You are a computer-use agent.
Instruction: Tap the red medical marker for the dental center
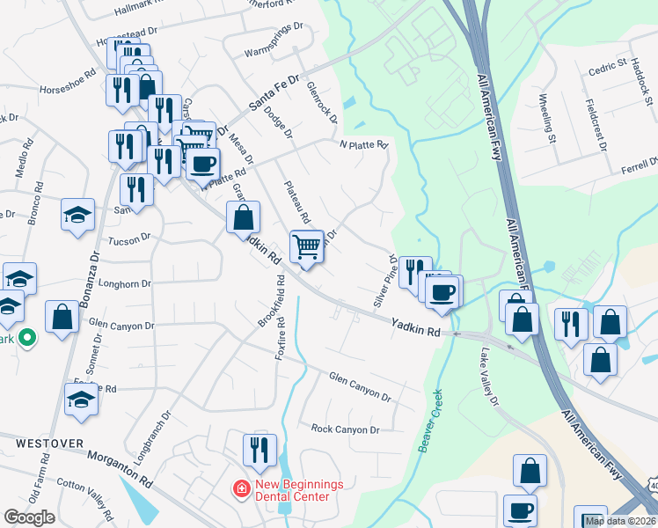239,488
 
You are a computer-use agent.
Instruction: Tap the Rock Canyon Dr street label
345,429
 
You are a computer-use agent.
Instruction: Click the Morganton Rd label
120,470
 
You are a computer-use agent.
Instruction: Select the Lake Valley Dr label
489,377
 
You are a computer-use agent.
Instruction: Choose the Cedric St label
607,66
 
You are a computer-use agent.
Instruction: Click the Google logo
29,517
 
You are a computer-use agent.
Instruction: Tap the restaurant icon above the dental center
260,450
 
